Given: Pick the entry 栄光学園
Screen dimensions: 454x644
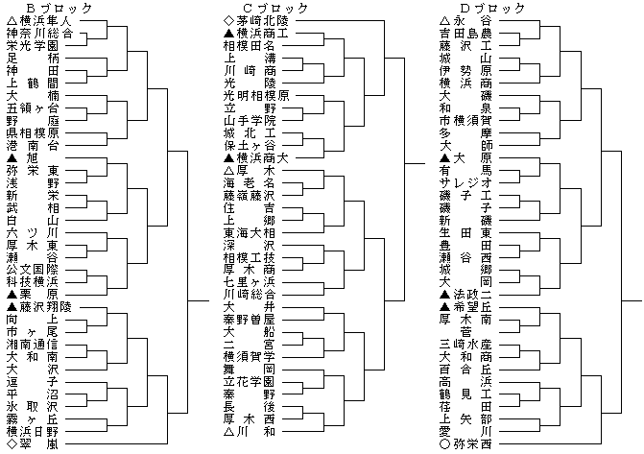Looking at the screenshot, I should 38,45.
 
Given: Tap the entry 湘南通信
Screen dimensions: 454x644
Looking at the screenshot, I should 38,344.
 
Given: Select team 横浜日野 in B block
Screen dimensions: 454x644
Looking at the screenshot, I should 38,432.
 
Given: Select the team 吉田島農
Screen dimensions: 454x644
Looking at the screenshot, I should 465,33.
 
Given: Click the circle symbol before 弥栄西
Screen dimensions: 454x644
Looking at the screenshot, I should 443,445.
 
